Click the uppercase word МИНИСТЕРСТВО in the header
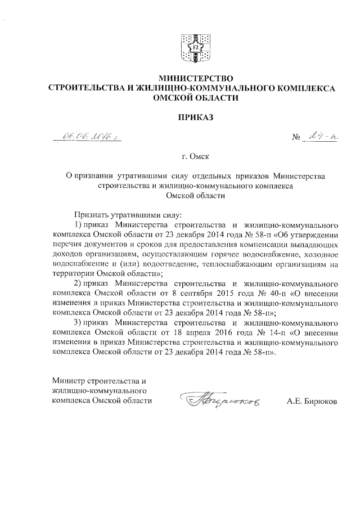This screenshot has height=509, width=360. [x=192, y=78]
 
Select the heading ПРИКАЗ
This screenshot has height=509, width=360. [x=192, y=118]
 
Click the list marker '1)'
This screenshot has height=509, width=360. [x=78, y=226]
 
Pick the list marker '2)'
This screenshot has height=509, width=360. [x=78, y=283]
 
